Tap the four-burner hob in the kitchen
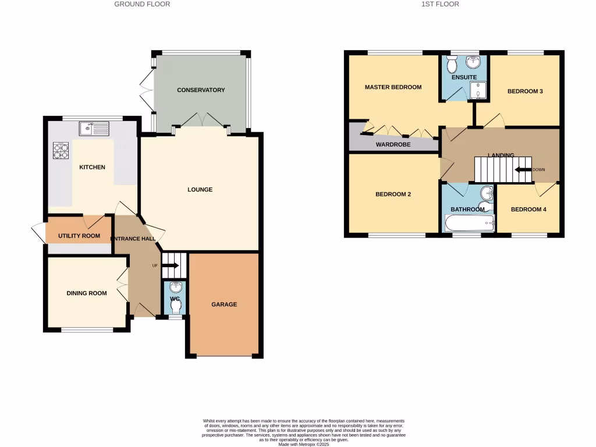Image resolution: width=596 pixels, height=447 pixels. (x=61, y=151)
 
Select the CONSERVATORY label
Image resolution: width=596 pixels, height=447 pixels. (x=201, y=90)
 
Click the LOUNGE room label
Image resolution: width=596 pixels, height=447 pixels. (x=200, y=190)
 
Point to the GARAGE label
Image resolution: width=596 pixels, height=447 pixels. (x=224, y=304)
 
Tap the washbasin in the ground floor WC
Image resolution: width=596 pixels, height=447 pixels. (x=175, y=288)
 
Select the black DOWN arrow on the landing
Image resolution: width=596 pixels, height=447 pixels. (x=522, y=169)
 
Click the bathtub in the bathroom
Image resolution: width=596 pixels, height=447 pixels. (x=469, y=223)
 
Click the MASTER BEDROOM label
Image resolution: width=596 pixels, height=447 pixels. (x=393, y=87)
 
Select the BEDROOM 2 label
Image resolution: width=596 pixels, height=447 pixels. (x=393, y=194)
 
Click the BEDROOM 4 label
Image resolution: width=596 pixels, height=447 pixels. (x=528, y=209)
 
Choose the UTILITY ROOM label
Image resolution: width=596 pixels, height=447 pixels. (x=79, y=236)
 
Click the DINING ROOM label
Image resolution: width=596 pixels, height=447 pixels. (x=87, y=293)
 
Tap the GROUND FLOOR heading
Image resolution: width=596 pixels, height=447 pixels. (x=142, y=4)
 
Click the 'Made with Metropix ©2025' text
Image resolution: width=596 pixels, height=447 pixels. (x=304, y=444)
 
